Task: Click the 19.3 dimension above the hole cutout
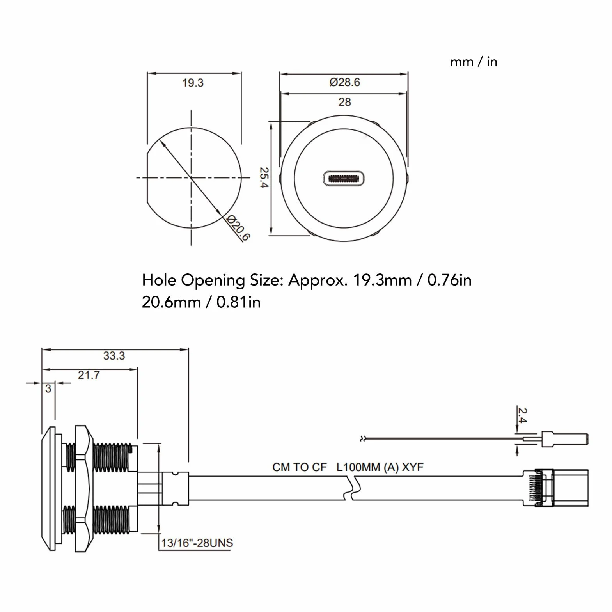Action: [x=193, y=83]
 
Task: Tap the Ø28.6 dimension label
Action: [x=344, y=82]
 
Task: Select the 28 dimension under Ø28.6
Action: [x=344, y=102]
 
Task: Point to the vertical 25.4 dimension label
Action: [x=264, y=177]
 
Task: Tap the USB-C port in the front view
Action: [x=344, y=178]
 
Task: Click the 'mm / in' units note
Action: [x=474, y=62]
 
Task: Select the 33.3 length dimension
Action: [x=114, y=356]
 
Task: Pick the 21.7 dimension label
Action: [x=89, y=375]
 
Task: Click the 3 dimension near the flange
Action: [x=48, y=388]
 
